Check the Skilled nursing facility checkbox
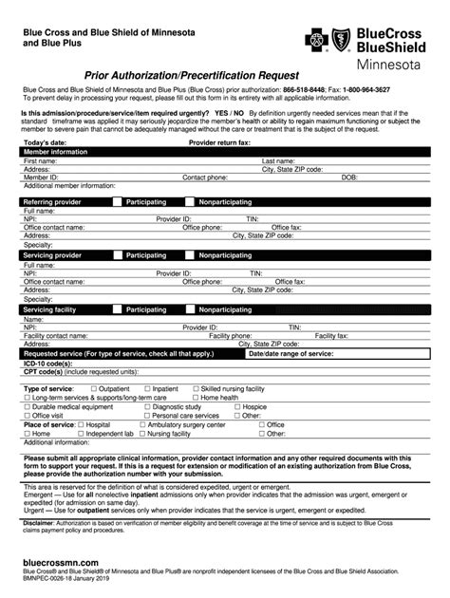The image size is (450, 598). click(195, 389)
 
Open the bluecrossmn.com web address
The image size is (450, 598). click(60, 562)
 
